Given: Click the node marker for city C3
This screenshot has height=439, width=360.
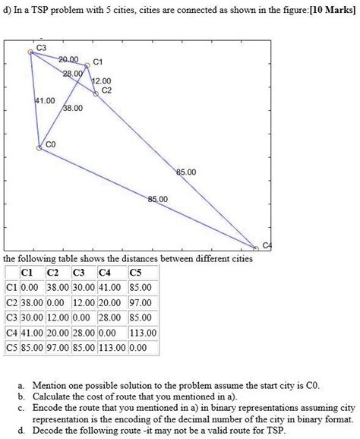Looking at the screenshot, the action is click(x=31, y=52).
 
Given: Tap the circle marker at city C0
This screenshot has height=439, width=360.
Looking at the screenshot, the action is click(x=39, y=149).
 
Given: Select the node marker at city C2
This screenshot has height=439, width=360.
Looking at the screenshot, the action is click(x=96, y=94).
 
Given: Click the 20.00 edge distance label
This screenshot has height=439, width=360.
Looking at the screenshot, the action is click(x=68, y=59).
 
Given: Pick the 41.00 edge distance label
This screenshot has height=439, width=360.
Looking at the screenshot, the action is click(x=45, y=100).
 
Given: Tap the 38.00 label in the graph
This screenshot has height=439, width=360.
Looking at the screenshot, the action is click(x=73, y=109).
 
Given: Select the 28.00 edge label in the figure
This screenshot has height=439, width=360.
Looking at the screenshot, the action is click(x=72, y=73).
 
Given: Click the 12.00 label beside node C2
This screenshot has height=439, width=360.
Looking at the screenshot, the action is click(x=101, y=81).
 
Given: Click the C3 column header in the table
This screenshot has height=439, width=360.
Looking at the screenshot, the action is click(x=78, y=274).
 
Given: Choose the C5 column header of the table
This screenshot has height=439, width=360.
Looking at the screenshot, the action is click(x=136, y=274).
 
